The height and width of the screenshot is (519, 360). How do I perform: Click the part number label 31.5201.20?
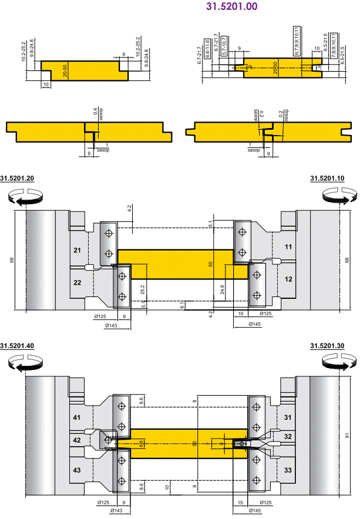click(18, 178)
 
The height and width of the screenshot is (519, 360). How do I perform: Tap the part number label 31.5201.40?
click(18, 346)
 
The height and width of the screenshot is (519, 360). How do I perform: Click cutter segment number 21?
click(78, 251)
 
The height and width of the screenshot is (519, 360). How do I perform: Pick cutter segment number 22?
click(78, 282)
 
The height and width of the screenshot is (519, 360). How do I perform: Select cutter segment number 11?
click(288, 247)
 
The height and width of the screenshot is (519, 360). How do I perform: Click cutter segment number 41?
click(77, 417)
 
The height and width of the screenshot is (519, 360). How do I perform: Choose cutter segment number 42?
click(77, 440)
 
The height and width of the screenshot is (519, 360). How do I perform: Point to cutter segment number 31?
click(288, 417)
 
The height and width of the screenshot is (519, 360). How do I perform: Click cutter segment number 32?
click(288, 437)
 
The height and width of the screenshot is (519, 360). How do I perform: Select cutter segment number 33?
click(288, 470)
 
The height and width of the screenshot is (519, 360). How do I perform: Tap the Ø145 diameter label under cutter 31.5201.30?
click(254, 511)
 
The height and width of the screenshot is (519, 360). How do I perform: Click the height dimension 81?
click(348, 435)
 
